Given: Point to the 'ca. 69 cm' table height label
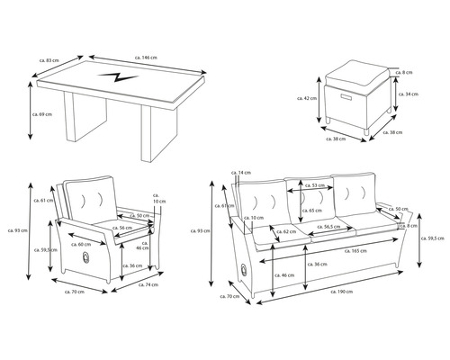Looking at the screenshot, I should pos(42,116).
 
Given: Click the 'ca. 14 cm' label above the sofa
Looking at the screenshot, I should pos(240,170).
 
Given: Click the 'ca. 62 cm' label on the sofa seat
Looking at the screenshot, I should pos(284,232).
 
